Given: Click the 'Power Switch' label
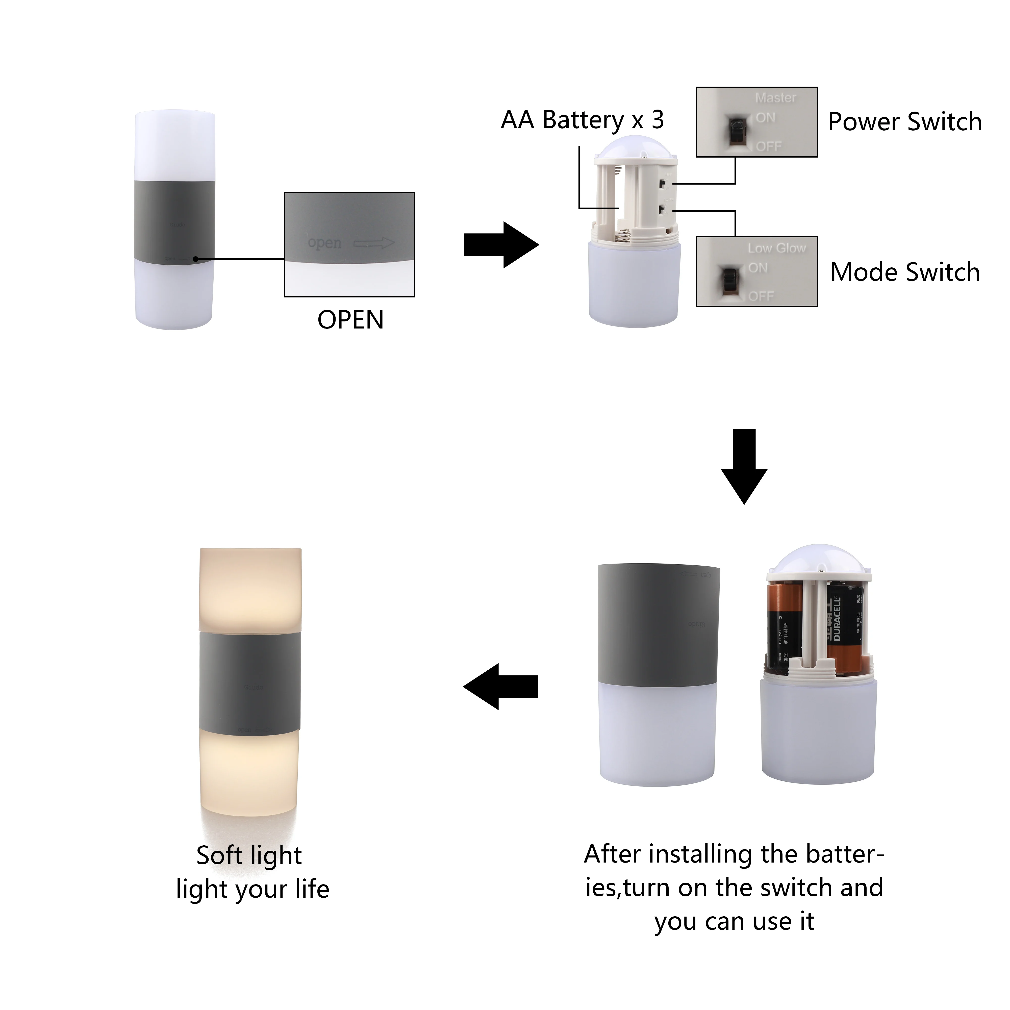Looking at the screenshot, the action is pyautogui.click(x=904, y=122).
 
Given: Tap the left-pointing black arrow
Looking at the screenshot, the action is pyautogui.click(x=501, y=686).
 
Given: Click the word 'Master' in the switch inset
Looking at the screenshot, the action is pyautogui.click(x=775, y=98).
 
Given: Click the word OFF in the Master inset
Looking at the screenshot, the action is pyautogui.click(x=768, y=146).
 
